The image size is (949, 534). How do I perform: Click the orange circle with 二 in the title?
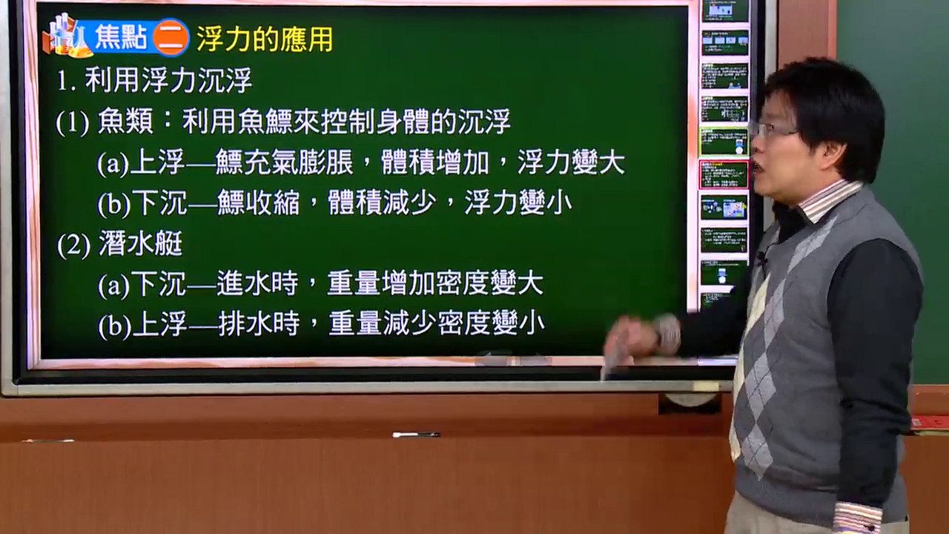(x=171, y=37)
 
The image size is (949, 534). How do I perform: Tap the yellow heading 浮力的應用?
(x=265, y=39)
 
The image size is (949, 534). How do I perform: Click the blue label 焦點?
(x=121, y=37)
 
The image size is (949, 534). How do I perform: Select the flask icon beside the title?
(x=67, y=36)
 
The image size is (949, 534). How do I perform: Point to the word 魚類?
(x=125, y=121)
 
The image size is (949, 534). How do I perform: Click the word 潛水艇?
(x=141, y=244)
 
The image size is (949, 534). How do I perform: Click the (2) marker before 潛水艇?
(x=73, y=245)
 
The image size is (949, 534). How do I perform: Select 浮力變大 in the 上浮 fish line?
(x=571, y=162)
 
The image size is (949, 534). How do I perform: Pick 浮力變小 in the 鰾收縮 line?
(x=518, y=202)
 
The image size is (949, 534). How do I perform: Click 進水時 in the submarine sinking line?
(x=257, y=283)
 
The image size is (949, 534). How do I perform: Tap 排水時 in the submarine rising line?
(x=259, y=323)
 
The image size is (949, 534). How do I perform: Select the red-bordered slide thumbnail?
(x=724, y=174)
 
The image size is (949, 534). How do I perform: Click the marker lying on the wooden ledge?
(x=416, y=435)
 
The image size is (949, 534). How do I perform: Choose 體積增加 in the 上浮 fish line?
(x=435, y=162)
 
